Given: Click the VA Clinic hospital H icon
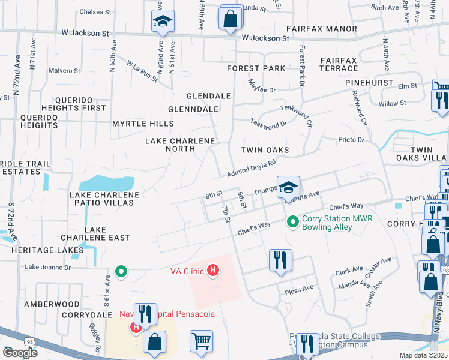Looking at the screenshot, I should [212, 271].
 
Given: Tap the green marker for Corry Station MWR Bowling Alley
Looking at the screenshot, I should [293, 222].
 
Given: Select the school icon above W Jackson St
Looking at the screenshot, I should [162, 22].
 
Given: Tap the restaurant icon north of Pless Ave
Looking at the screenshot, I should [280, 260].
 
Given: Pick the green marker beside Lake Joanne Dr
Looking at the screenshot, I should [121, 272].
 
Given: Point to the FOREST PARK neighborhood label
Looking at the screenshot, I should [256, 68].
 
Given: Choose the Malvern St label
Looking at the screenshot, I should [64, 71].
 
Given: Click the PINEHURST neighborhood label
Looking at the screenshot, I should [373, 83].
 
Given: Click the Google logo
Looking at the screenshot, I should [20, 353].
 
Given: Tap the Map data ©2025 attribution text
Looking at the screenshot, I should [423, 355].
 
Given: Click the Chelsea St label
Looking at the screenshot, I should [95, 11].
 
